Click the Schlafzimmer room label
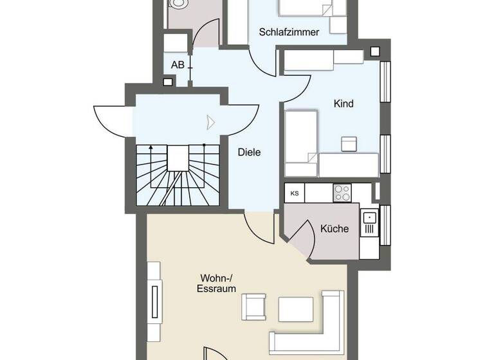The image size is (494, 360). click(x=289, y=32)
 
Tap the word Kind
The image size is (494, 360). click(x=343, y=104)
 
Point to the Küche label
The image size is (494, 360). click(x=334, y=228)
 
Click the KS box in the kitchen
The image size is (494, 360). click(x=295, y=193)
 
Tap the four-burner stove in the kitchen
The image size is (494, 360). click(x=342, y=192)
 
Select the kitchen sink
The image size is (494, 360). click(x=369, y=222)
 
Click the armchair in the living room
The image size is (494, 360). click(x=253, y=307)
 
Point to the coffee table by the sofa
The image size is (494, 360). click(x=296, y=309)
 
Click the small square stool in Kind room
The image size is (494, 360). click(x=349, y=143)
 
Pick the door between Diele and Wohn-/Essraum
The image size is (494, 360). click(x=261, y=226)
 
